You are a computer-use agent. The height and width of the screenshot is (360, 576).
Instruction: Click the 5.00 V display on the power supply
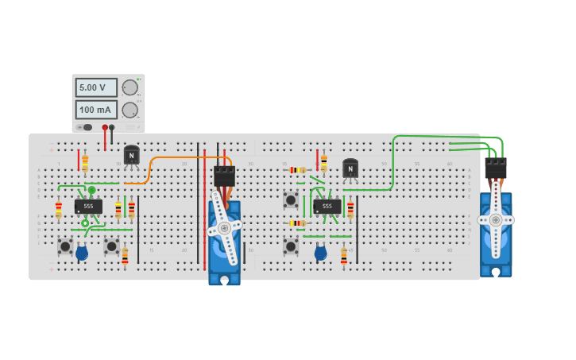pos(96,87)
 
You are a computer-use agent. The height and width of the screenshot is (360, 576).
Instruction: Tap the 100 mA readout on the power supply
pos(96,110)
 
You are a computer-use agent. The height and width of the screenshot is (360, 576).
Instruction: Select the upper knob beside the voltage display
pos(129,87)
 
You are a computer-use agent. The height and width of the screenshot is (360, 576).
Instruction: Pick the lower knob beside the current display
pos(129,110)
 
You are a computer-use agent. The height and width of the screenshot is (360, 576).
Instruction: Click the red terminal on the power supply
pos(103,127)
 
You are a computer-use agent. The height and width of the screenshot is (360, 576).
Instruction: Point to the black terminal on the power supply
pos(112,127)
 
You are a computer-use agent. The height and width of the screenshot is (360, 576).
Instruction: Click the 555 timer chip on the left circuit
pos(88,207)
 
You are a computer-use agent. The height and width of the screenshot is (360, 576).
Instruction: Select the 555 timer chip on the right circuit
pos(327,207)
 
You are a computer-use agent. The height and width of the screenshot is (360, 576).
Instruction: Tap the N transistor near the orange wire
pos(132,155)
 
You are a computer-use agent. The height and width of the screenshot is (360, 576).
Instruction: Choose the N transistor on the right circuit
pos(350,168)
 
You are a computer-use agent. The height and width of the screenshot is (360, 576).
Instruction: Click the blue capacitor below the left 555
pos(82,254)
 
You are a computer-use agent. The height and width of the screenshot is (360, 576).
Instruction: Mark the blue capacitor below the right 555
pos(320,254)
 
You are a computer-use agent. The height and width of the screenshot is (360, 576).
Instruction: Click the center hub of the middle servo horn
pos(225,228)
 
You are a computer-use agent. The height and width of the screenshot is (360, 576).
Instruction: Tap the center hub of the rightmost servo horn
pos(496,219)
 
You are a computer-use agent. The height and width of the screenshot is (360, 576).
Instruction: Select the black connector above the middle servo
pos(224,176)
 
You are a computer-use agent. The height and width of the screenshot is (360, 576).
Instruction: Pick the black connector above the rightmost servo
pos(496,168)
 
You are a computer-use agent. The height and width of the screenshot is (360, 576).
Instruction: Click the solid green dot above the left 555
pos(91,190)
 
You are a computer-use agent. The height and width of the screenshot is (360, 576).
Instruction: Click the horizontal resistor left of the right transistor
pos(298,170)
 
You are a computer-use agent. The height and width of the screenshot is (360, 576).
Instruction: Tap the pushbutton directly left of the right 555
pos(291,201)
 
